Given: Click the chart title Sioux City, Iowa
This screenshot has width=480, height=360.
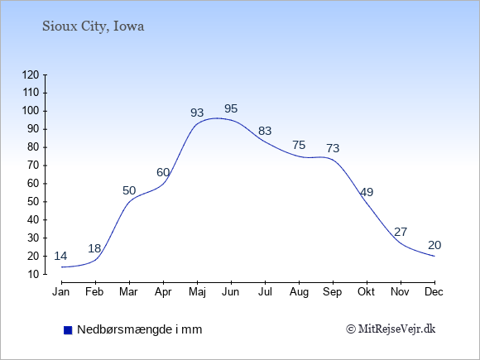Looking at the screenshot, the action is point(93,26).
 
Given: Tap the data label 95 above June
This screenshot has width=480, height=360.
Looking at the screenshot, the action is point(231,108).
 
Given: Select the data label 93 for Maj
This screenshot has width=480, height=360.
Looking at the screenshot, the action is point(197,113).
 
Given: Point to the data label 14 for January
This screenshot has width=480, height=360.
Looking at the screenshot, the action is point(60,256).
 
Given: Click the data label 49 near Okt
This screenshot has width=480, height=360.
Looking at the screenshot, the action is point(367,192).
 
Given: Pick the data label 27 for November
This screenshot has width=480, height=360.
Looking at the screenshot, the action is point(401,232).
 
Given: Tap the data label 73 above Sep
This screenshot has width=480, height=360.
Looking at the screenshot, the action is point(333,148).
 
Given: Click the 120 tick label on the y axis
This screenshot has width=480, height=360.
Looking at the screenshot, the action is point(31,74).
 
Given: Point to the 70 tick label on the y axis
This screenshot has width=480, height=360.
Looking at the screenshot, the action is point(33,166).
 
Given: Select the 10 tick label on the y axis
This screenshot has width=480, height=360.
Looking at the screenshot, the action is point(33,274).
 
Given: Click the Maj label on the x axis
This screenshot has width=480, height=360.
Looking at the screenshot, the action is point(197,292).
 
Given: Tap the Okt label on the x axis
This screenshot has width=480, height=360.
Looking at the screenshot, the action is point(366,292).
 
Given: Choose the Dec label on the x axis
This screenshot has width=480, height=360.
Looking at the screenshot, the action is point(434,292).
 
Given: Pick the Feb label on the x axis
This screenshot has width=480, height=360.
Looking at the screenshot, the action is point(94,292).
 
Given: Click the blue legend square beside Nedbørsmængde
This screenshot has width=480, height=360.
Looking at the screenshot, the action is point(68,330).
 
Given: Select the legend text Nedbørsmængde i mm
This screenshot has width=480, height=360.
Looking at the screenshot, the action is point(140,329).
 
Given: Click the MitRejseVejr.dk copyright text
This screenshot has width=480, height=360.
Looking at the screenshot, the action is point(391,329).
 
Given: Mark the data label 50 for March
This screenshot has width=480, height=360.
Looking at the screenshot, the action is point(129,190).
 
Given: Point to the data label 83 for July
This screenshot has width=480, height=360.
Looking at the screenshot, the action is point(265,131).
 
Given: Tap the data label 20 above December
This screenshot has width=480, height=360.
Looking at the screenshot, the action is point(434,245).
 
